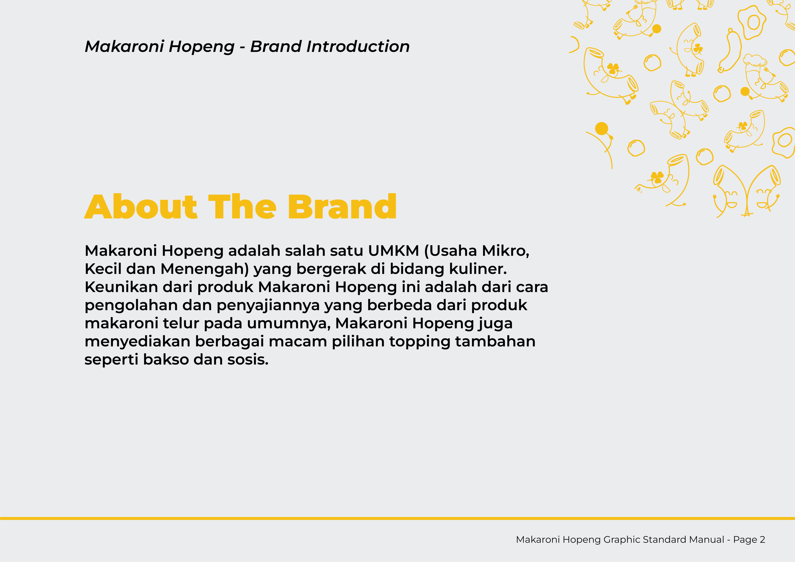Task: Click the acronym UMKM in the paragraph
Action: (393, 251)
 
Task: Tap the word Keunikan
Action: (121, 287)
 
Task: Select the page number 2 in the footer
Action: (762, 540)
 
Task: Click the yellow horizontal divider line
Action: (397, 518)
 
